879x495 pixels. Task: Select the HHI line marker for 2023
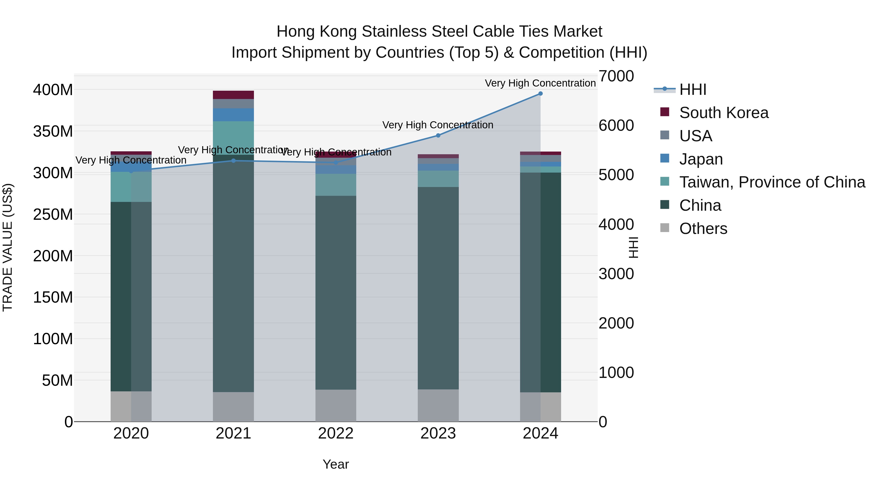tap(438, 136)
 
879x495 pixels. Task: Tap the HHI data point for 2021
tap(233, 161)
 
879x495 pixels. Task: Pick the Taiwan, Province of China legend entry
tap(772, 182)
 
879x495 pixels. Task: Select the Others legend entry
tap(703, 229)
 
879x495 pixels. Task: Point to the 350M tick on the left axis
tap(53, 132)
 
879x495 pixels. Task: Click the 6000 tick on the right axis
tap(616, 125)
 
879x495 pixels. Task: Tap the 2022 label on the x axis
tap(336, 433)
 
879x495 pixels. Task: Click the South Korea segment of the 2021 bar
tap(233, 95)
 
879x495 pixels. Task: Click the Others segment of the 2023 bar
tap(438, 406)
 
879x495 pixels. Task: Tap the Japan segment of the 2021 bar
tap(233, 115)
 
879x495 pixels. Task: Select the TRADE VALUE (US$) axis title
tap(8, 247)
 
